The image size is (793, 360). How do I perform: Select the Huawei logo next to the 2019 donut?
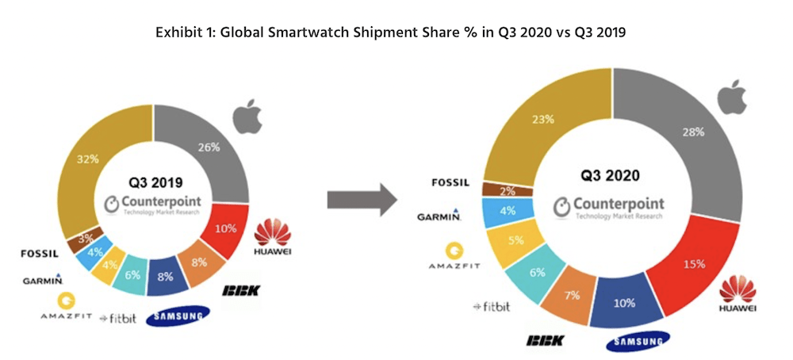coord(273,234)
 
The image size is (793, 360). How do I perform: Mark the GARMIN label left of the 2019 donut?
coord(43,279)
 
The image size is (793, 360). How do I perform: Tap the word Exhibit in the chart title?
coord(176,33)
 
